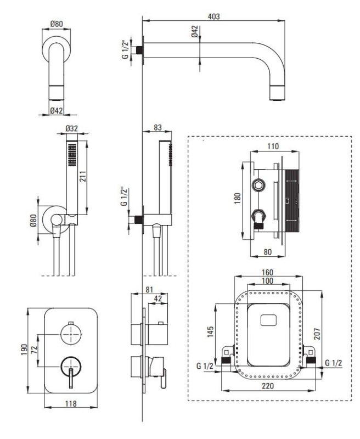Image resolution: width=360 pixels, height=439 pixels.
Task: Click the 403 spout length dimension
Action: (x=214, y=16)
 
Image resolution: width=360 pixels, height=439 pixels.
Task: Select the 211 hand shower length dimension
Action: (x=83, y=176)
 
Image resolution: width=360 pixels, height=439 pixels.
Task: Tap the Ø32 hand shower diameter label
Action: (x=72, y=128)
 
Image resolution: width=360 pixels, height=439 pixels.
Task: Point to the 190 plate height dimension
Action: (x=24, y=350)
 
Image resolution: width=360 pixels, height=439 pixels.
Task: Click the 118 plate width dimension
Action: (x=71, y=403)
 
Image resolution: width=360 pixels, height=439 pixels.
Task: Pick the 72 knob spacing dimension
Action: (x=34, y=350)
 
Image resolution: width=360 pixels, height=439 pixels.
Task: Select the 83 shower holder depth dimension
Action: (x=157, y=127)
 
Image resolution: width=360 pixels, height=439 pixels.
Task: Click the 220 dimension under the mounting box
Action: (x=268, y=386)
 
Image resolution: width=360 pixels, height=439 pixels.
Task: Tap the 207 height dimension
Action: (x=317, y=334)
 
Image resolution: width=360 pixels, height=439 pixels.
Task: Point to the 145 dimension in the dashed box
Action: (x=210, y=331)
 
